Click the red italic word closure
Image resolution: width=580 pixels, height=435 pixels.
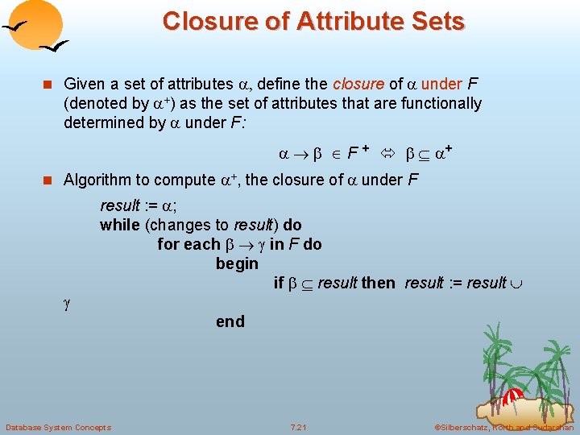pyautogui.click(x=359, y=84)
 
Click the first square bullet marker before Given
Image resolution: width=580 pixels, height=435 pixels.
pyautogui.click(x=49, y=84)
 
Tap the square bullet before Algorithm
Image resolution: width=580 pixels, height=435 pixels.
pyautogui.click(x=49, y=180)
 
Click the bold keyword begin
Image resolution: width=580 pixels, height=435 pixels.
pyautogui.click(x=237, y=263)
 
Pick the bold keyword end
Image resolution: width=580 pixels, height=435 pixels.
pyautogui.click(x=230, y=321)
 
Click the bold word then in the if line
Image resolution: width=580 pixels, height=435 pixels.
pyautogui.click(x=378, y=283)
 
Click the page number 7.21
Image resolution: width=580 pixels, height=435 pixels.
pyautogui.click(x=299, y=426)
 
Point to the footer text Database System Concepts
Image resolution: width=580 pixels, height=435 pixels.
pyautogui.click(x=58, y=426)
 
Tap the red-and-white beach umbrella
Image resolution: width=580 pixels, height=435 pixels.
pyautogui.click(x=512, y=396)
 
